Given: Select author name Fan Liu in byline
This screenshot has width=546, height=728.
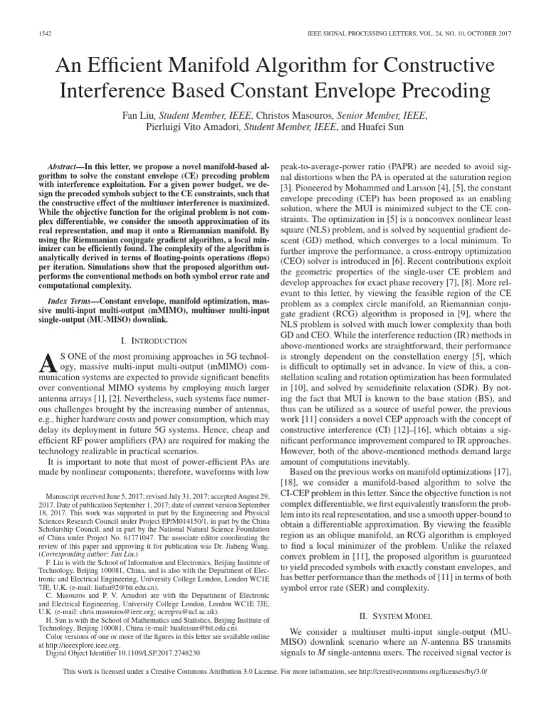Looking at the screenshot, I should (139, 115).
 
